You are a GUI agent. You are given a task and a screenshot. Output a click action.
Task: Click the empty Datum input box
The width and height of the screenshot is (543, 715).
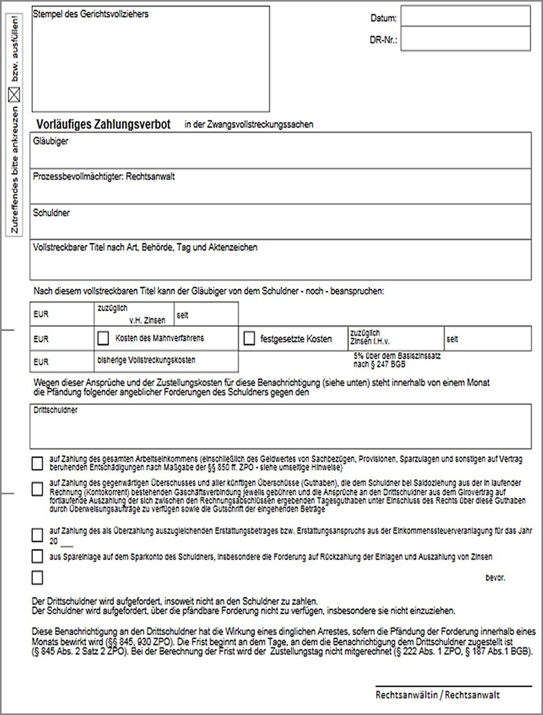click(466, 16)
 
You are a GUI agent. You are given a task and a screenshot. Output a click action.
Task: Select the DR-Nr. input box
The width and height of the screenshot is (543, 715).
click(466, 40)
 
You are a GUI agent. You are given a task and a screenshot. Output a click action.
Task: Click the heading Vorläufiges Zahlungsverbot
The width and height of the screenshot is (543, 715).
click(103, 124)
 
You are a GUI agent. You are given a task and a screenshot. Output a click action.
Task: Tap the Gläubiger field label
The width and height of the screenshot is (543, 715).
click(51, 141)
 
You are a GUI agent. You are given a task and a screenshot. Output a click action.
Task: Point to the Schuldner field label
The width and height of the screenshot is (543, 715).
click(51, 213)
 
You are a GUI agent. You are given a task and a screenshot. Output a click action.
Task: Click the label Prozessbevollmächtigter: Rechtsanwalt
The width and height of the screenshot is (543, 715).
click(104, 176)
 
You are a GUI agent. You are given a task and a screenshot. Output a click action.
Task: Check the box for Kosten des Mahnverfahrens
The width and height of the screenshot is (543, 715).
click(103, 338)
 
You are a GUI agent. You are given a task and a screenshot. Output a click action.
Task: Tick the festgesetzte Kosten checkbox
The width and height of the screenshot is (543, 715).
click(249, 338)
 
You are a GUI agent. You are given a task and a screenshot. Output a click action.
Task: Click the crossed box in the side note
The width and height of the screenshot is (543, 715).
click(15, 95)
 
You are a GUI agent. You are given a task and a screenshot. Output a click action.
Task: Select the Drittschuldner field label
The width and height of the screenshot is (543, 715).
click(55, 410)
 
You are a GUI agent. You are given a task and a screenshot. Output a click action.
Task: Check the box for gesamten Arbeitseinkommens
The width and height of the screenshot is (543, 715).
click(37, 463)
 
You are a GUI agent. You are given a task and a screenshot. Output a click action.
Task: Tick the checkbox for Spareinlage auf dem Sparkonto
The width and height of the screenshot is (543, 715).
click(37, 556)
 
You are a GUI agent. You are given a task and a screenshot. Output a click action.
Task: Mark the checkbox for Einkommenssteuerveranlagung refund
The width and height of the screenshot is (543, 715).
click(37, 535)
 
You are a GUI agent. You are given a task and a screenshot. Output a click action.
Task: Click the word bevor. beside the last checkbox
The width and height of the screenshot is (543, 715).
click(495, 578)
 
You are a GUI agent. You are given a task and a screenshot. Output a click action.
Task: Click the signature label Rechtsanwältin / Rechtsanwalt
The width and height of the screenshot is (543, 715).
click(438, 695)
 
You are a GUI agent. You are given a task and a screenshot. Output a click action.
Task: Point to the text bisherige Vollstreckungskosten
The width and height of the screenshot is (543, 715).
click(146, 360)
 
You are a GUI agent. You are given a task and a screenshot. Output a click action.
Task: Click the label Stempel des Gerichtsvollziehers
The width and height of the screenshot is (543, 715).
click(90, 14)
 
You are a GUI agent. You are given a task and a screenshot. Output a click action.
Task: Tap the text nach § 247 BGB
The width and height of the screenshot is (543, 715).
click(379, 364)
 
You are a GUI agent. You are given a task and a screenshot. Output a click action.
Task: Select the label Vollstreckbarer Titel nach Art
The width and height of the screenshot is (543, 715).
click(145, 247)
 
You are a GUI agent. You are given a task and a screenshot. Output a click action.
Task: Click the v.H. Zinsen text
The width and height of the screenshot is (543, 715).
click(147, 320)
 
